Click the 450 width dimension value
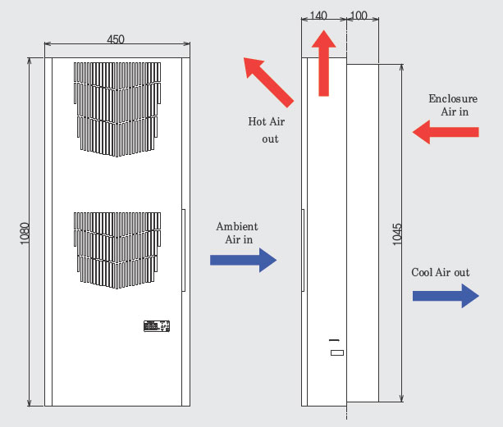[116, 39]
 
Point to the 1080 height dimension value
[25, 234]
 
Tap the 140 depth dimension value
[318, 16]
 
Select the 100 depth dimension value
[359, 16]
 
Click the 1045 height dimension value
[397, 234]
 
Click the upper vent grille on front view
[117, 109]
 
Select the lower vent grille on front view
[117, 250]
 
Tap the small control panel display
[157, 326]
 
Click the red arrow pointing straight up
[323, 63]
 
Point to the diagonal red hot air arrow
[268, 82]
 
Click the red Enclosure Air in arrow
[446, 132]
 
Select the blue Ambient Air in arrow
[243, 260]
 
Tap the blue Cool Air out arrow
[446, 296]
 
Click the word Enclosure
[453, 98]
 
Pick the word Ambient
[237, 226]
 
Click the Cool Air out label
[441, 272]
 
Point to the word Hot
[256, 121]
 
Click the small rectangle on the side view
[337, 352]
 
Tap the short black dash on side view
[334, 340]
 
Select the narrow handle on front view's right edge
[184, 250]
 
